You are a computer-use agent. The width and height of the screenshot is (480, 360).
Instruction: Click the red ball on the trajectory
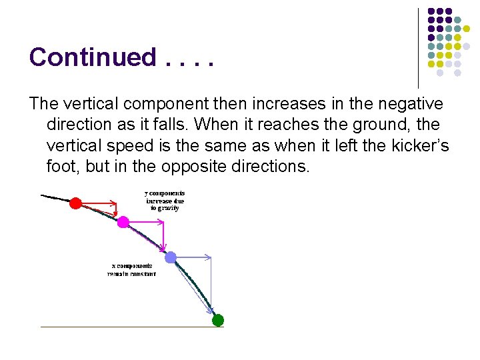76,203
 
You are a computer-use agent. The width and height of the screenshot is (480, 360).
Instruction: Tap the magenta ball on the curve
123,222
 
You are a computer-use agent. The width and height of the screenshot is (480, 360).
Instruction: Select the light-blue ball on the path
171,257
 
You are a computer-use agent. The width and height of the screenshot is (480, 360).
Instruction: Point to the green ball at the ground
217,320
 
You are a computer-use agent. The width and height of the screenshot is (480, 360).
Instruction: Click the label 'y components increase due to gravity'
164,201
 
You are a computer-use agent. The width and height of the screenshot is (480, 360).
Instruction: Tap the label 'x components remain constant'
131,270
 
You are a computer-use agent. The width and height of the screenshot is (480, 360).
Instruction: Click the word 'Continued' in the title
92,57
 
